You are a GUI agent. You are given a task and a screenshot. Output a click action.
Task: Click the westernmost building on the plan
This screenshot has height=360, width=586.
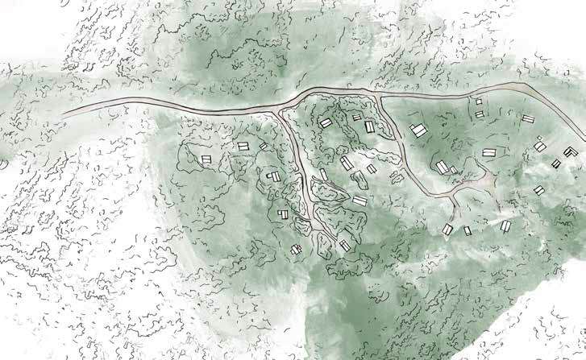203,158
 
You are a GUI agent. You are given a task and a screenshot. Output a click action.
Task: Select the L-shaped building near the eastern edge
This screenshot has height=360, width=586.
569,151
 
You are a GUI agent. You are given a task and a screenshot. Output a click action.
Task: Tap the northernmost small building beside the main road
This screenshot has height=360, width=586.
479,102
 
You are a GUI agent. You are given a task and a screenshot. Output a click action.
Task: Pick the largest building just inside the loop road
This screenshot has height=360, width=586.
418,130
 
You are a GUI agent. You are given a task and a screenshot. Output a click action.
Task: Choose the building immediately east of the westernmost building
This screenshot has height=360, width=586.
243,146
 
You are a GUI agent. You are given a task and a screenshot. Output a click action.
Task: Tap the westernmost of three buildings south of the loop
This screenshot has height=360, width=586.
448,230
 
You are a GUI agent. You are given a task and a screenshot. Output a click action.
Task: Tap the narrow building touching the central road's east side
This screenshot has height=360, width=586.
323,174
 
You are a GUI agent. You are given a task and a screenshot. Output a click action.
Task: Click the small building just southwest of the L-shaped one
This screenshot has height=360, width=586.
555,163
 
